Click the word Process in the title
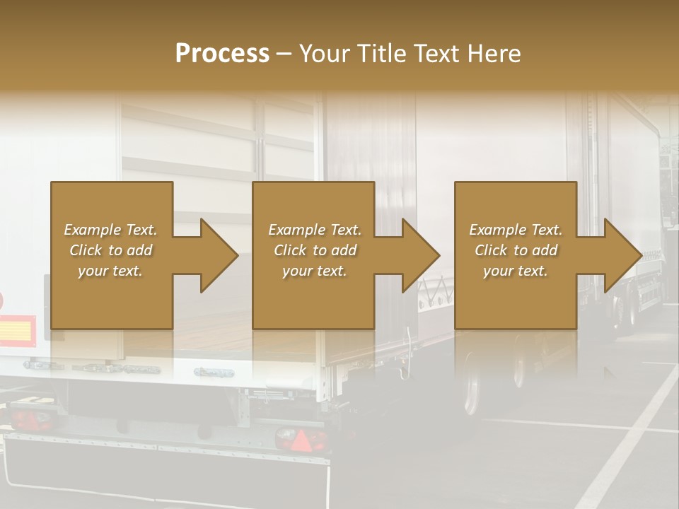222,54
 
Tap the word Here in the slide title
494,54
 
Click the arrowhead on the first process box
218,255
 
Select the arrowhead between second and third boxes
420,255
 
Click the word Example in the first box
93,230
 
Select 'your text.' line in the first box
110,271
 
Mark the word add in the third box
545,250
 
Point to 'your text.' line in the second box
314,271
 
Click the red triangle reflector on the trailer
301,442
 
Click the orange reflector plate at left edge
17,330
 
